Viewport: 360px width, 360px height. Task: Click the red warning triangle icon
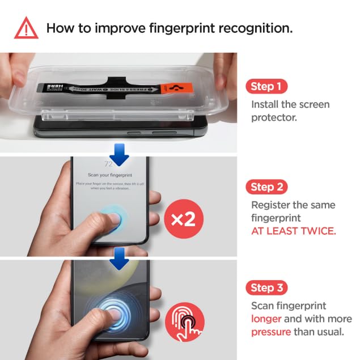pos(27,28)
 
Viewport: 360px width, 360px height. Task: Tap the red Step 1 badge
pos(266,87)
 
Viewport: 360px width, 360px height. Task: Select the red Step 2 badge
pos(266,187)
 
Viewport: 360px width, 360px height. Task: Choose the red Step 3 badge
pos(266,287)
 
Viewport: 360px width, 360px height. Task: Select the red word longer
pos(266,319)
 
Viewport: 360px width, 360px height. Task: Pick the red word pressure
pos(270,332)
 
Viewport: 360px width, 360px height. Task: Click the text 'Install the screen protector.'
pos(290,111)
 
